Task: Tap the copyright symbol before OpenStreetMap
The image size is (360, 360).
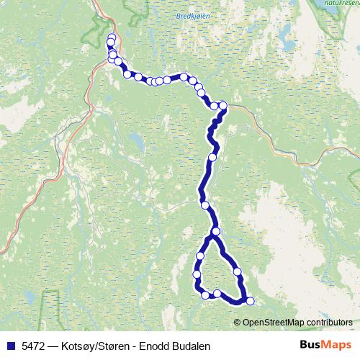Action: [238, 322]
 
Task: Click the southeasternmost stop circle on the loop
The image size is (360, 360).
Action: [250, 302]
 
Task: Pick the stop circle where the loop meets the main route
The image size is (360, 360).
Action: [215, 231]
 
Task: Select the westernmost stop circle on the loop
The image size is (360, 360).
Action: [197, 274]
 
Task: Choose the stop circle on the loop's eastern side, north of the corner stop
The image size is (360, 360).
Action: [238, 271]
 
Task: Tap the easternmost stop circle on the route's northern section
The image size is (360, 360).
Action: [222, 107]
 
